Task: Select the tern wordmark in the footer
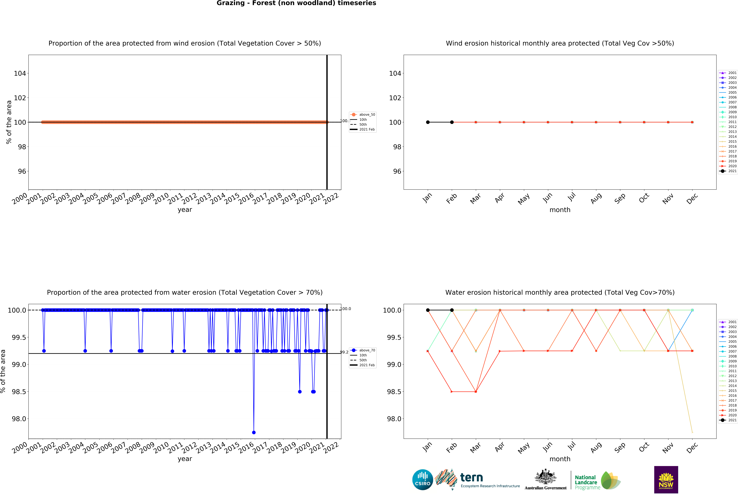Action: click(472, 477)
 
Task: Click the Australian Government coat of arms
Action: click(545, 476)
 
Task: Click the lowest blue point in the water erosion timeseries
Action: click(254, 432)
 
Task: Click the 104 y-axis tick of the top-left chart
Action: click(20, 73)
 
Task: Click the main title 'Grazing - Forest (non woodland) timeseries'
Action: click(296, 3)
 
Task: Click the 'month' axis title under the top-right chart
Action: click(560, 210)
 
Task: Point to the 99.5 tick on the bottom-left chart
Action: click(19, 337)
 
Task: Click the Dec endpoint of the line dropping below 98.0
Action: click(692, 432)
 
